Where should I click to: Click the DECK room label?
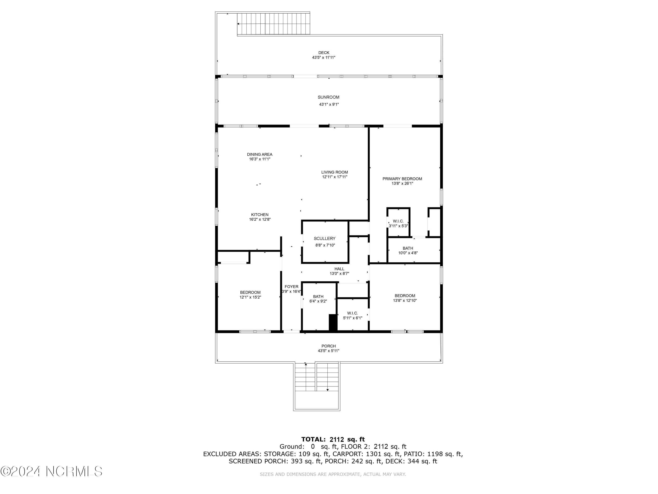(x=324, y=53)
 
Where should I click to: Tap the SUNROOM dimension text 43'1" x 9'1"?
(x=329, y=105)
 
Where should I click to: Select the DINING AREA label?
(x=259, y=154)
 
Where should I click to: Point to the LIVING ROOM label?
(x=334, y=172)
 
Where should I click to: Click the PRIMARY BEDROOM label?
(x=402, y=179)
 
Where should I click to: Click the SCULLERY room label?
(x=324, y=238)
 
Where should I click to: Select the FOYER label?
(x=291, y=287)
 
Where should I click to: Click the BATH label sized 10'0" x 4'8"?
(x=408, y=248)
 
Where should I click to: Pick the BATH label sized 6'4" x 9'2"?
(x=318, y=297)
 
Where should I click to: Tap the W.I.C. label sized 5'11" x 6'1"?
(x=352, y=313)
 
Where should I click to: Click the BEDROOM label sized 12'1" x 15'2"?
(x=250, y=292)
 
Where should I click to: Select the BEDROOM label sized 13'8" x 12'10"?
(x=404, y=296)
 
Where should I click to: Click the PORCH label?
(x=328, y=346)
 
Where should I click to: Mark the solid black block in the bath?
(x=333, y=322)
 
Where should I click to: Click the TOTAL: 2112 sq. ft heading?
(x=333, y=439)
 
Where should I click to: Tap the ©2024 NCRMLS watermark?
(x=52, y=471)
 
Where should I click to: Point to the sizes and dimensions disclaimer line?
(x=333, y=474)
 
